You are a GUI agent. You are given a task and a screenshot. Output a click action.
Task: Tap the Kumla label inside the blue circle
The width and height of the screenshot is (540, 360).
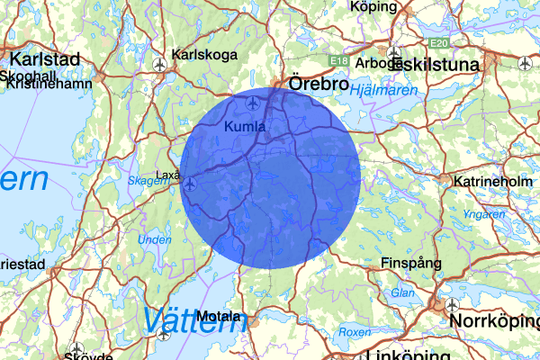click(x=246, y=127)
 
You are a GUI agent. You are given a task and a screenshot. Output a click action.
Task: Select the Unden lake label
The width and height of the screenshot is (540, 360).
click(x=154, y=240)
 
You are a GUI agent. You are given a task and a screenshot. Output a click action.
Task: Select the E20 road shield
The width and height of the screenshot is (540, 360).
click(x=439, y=42)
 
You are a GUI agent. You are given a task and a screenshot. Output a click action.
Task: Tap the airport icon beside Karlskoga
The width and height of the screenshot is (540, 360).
click(x=161, y=64)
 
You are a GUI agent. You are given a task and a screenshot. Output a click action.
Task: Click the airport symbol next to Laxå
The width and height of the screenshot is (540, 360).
click(x=191, y=183)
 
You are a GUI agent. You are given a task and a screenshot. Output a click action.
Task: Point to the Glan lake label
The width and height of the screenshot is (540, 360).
click(x=402, y=293)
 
